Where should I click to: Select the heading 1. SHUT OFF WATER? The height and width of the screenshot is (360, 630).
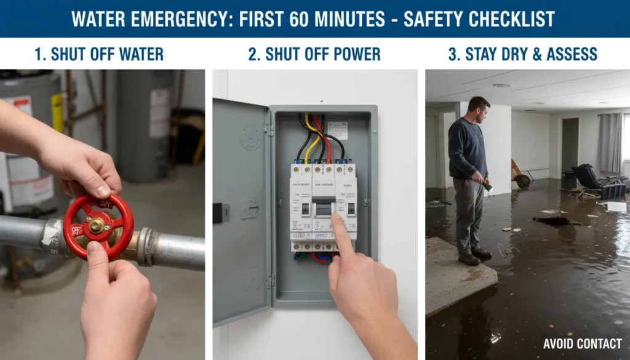pos(99,54)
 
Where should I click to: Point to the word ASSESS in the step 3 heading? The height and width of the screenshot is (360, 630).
pos(570,54)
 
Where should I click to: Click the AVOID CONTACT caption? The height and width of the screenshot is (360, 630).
pos(582,344)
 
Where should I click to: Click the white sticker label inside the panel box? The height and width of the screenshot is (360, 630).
pos(337,130)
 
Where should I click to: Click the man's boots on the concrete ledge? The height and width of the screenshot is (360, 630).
pos(474,256)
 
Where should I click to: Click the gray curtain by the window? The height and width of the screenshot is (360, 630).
pos(609,143)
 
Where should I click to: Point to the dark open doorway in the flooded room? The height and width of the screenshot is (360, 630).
pos(570,145)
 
